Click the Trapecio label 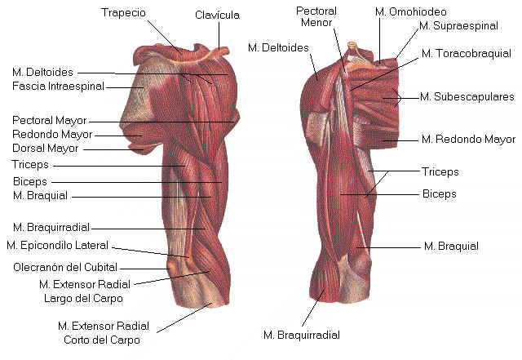[123, 13]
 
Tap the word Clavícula [217, 15]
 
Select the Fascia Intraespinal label [58, 87]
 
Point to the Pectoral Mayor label [49, 120]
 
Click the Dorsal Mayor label [46, 149]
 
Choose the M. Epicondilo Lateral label [58, 246]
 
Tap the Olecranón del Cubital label [65, 267]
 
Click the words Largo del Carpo [83, 298]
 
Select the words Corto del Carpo [102, 340]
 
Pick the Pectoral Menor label [316, 16]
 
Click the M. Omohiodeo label [411, 12]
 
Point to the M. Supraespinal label [458, 26]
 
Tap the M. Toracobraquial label [466, 54]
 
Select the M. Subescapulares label [467, 96]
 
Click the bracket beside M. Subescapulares [398, 98]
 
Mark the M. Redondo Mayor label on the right [468, 139]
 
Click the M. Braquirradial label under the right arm [302, 335]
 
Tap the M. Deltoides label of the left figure [42, 73]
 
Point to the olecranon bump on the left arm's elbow [173, 267]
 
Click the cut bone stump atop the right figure [352, 46]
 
